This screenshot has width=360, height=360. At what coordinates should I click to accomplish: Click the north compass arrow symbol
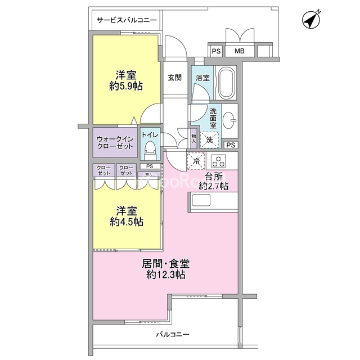[x=311, y=20]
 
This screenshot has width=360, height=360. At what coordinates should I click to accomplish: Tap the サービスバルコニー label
[x=127, y=20]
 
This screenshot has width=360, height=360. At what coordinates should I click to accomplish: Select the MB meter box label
[x=240, y=51]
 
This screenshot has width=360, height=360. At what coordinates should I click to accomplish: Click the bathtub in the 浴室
[x=227, y=83]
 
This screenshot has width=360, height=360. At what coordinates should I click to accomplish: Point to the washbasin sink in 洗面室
[x=229, y=120]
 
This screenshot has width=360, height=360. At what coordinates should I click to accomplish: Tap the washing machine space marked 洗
[x=209, y=140]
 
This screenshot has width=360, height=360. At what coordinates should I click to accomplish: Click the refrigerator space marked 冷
[x=196, y=161]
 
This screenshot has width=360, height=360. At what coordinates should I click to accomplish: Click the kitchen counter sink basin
[x=201, y=200]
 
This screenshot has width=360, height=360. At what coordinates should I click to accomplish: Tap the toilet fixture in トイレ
[x=150, y=150]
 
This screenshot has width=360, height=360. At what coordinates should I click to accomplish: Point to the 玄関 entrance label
[x=175, y=78]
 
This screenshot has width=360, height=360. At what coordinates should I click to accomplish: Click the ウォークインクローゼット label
[x=115, y=142]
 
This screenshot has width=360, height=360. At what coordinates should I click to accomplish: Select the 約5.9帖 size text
[x=126, y=87]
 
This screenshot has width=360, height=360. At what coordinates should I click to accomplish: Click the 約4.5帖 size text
[x=127, y=222]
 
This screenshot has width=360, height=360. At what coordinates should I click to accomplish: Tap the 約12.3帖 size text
[x=166, y=274]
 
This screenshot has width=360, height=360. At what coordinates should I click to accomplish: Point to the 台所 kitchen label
[x=213, y=177]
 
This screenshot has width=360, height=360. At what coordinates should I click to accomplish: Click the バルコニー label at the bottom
[x=173, y=334]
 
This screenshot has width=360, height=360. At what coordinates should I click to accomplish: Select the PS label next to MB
[x=216, y=51]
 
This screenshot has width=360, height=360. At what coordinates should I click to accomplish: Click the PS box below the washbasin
[x=231, y=145]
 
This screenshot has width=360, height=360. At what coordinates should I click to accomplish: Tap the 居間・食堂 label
[x=166, y=264]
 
